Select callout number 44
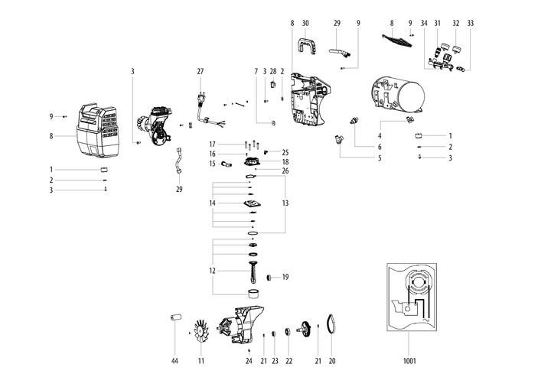tap(174, 360)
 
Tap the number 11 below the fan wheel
tap(201, 360)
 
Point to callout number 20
tap(332, 360)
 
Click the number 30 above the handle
tap(305, 24)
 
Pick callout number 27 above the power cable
tap(201, 72)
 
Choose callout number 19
tap(285, 277)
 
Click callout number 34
tap(424, 24)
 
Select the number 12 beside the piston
tap(212, 271)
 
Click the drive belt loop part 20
tap(331, 324)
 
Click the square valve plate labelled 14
tap(251, 203)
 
